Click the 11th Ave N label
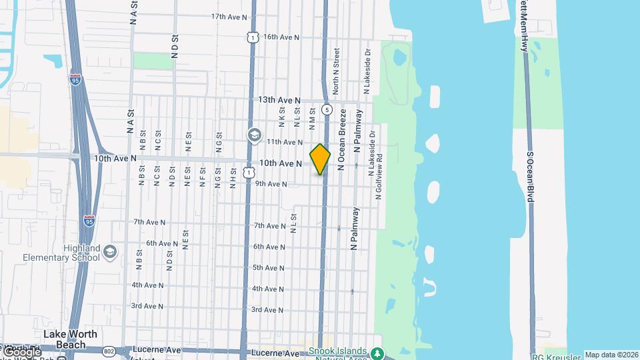pyautogui.click(x=285, y=142)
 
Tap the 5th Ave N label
pyautogui.click(x=269, y=268)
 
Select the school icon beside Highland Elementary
pyautogui.click(x=110, y=253)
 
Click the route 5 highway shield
pyautogui.click(x=327, y=109)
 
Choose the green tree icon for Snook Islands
pyautogui.click(x=378, y=353)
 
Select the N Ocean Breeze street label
pyautogui.click(x=343, y=140)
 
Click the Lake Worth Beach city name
pyautogui.click(x=71, y=339)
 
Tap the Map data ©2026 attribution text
pyautogui.click(x=611, y=355)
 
